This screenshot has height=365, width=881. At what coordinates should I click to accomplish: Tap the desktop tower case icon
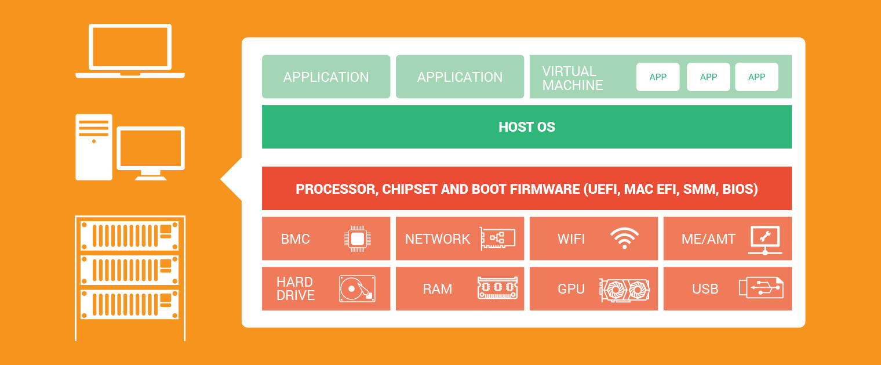coord(94,147)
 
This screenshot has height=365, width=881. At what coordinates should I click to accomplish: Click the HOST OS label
coord(527,127)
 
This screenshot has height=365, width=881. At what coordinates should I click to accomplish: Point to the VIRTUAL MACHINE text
coord(573,78)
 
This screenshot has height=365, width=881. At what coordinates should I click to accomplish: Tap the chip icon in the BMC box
coord(358,238)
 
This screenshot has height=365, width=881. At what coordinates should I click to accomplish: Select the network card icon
coord(497,238)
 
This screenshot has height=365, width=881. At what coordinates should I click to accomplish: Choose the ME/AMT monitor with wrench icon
coord(764,239)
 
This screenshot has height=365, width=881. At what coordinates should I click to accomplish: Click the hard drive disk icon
coord(357,288)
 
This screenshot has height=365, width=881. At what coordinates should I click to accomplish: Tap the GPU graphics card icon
coord(624,289)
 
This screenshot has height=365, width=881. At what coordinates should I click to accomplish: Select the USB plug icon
coord(761,288)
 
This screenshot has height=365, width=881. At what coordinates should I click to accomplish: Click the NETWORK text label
coord(438,239)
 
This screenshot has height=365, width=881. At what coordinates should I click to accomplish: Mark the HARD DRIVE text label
coord(296,289)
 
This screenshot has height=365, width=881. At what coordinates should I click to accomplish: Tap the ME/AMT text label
coord(708,239)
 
